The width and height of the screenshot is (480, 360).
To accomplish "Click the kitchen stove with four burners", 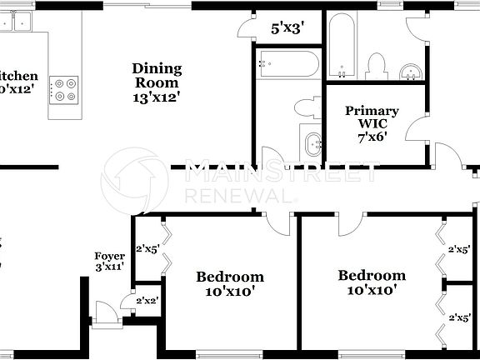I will point(65,89).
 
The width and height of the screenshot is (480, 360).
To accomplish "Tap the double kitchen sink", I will point(14,22).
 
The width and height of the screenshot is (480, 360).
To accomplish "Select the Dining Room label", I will point(157,76).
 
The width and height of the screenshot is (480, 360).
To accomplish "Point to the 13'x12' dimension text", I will point(157,97).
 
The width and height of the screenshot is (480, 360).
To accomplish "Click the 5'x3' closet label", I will point(287,27).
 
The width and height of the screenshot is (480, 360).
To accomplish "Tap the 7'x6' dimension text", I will point(372,137).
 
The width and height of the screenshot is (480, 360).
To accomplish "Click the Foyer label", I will point(110,256).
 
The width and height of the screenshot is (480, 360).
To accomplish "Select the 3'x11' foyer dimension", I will point(110,267).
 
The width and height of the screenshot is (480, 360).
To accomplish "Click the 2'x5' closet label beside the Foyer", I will point(147,247).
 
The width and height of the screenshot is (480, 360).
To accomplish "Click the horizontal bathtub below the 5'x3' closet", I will point(287,62).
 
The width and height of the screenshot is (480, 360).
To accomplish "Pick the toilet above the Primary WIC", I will point(376,64).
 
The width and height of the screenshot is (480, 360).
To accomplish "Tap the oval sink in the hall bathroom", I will point(313,142).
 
